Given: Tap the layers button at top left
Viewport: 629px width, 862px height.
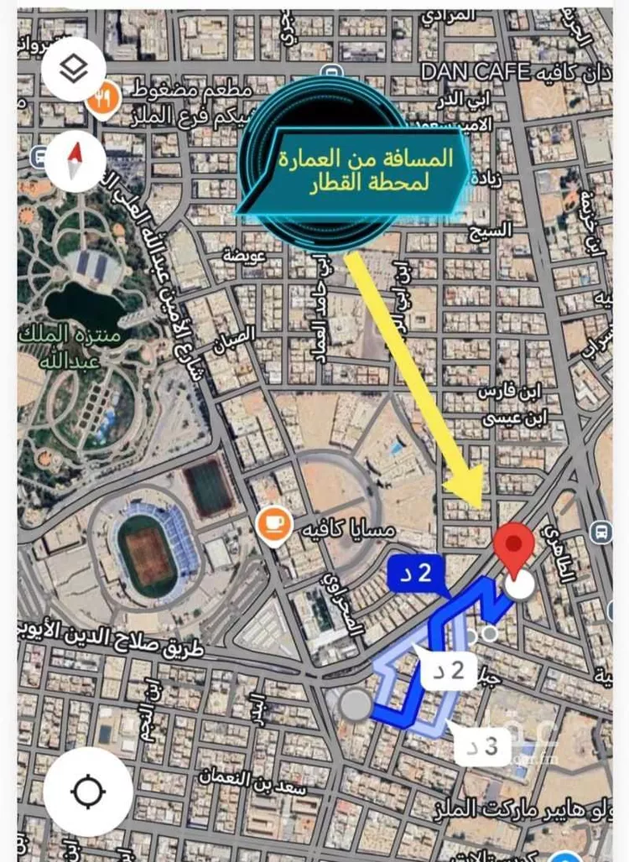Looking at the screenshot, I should tap(75, 70).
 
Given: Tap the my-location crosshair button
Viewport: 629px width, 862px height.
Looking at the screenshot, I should tap(88, 790).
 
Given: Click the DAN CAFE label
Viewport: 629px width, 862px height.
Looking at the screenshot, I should tap(487, 73).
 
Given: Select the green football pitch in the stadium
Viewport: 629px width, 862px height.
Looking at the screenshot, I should tap(148, 555).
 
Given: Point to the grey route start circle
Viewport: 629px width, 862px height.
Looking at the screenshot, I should tap(356, 705).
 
